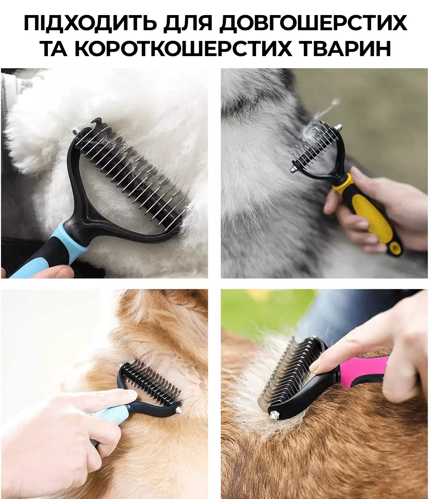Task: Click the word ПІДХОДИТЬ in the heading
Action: coord(91,23)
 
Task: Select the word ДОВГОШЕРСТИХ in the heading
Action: coord(313,24)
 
